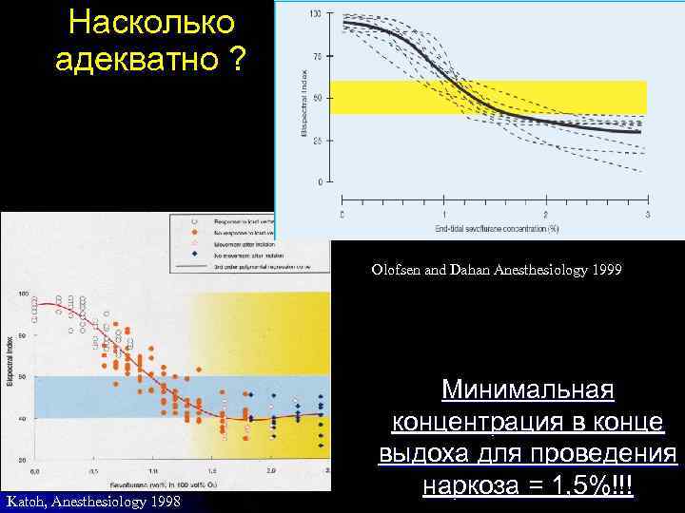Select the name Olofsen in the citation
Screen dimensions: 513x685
[x=394, y=271]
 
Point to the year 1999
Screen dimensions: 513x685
[x=605, y=271]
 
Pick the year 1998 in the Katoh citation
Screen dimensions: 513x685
[x=166, y=501]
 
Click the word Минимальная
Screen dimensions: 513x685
[x=528, y=391]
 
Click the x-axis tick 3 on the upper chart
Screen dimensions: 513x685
[x=646, y=215]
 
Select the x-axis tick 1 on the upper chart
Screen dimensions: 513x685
[x=443, y=215]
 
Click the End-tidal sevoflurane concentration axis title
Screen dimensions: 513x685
[x=494, y=228]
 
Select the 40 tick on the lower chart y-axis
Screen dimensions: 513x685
[x=22, y=418]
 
